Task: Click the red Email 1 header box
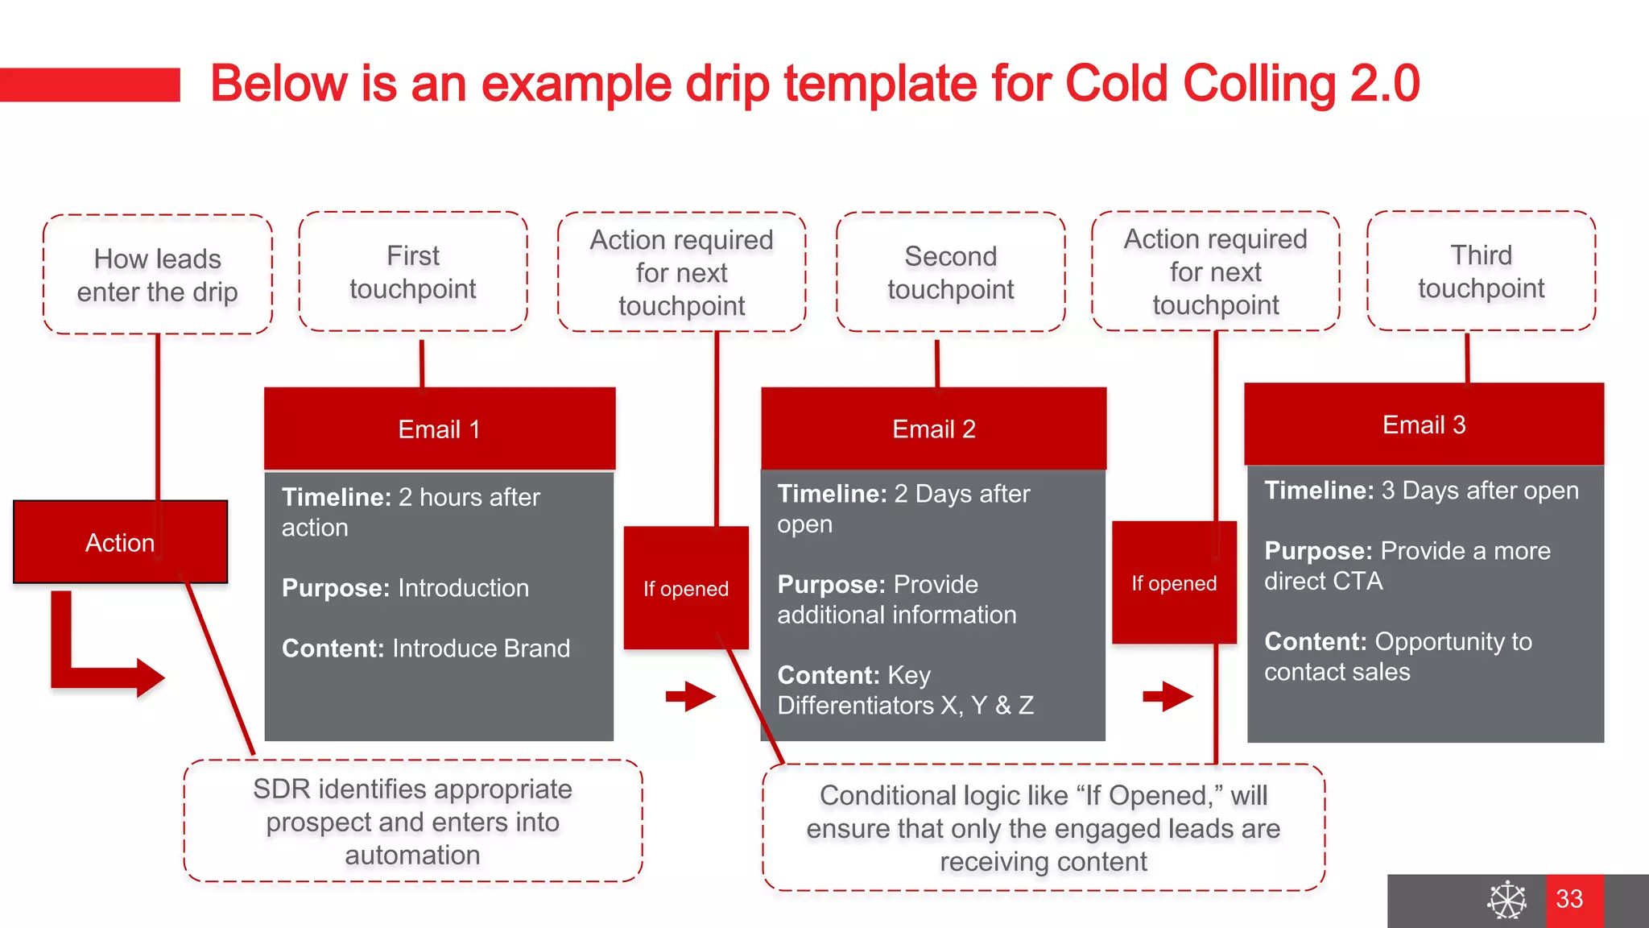pos(440,429)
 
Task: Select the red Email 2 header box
pos(933,429)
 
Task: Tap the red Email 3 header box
pos(1424,425)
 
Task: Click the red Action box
pos(120,542)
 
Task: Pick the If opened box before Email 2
pos(685,588)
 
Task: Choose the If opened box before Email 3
pos(1174,583)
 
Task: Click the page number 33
pos(1569,899)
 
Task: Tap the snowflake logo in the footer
pos(1506,900)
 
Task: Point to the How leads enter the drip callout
pos(158,275)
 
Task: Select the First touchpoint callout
pos(413,272)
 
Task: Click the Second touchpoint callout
pos(950,272)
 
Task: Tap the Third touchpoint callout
pos(1481,271)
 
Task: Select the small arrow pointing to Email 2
pos(690,696)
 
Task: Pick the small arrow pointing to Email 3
pos(1168,696)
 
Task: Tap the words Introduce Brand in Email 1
pos(481,648)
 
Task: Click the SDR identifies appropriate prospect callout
pos(412,821)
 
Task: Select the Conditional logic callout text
pos(1043,828)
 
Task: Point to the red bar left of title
pos(89,85)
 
